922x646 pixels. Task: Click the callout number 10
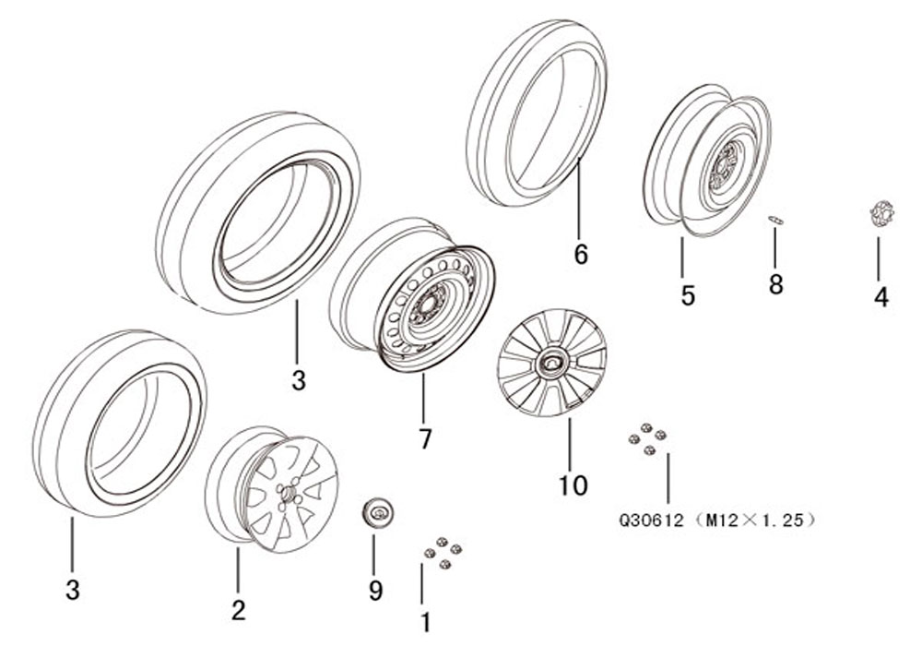(x=573, y=485)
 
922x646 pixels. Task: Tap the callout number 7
(x=424, y=438)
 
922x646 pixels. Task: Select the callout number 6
(x=580, y=255)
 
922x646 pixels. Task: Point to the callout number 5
(x=688, y=295)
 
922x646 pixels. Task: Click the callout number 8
(x=775, y=285)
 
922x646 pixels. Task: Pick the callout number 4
(x=881, y=297)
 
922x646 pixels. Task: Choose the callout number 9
(x=375, y=590)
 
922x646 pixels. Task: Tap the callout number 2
(x=238, y=610)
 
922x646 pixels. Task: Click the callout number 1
(x=424, y=622)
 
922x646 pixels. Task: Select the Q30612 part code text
(x=651, y=520)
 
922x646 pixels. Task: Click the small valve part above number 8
(x=775, y=220)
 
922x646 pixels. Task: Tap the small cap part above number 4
(x=881, y=214)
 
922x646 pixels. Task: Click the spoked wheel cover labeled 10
(x=551, y=363)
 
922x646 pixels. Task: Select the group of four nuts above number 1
(x=443, y=553)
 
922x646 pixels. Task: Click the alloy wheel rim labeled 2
(x=272, y=489)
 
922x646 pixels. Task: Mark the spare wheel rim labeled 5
(x=707, y=160)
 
